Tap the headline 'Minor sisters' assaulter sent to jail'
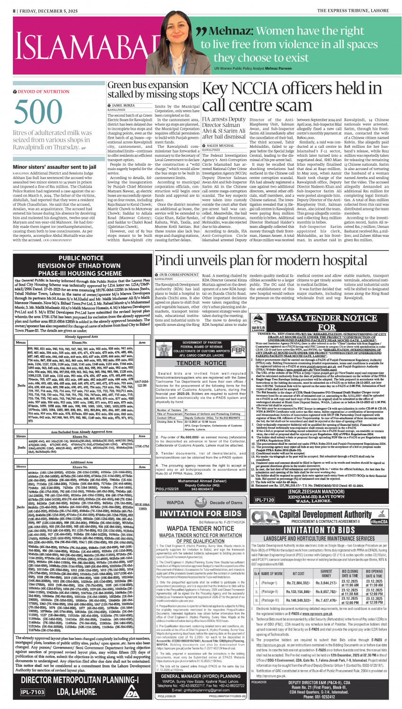coord(54,167)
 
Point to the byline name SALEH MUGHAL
coord(220,146)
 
